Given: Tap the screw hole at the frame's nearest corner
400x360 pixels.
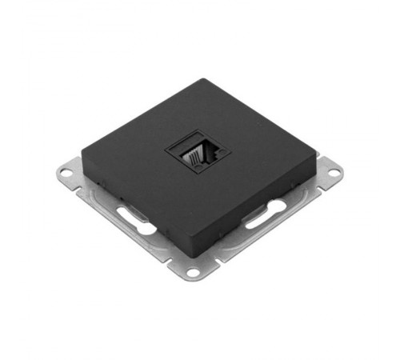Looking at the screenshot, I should coord(193,273).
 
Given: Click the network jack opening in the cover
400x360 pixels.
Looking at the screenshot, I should coord(198,151).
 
